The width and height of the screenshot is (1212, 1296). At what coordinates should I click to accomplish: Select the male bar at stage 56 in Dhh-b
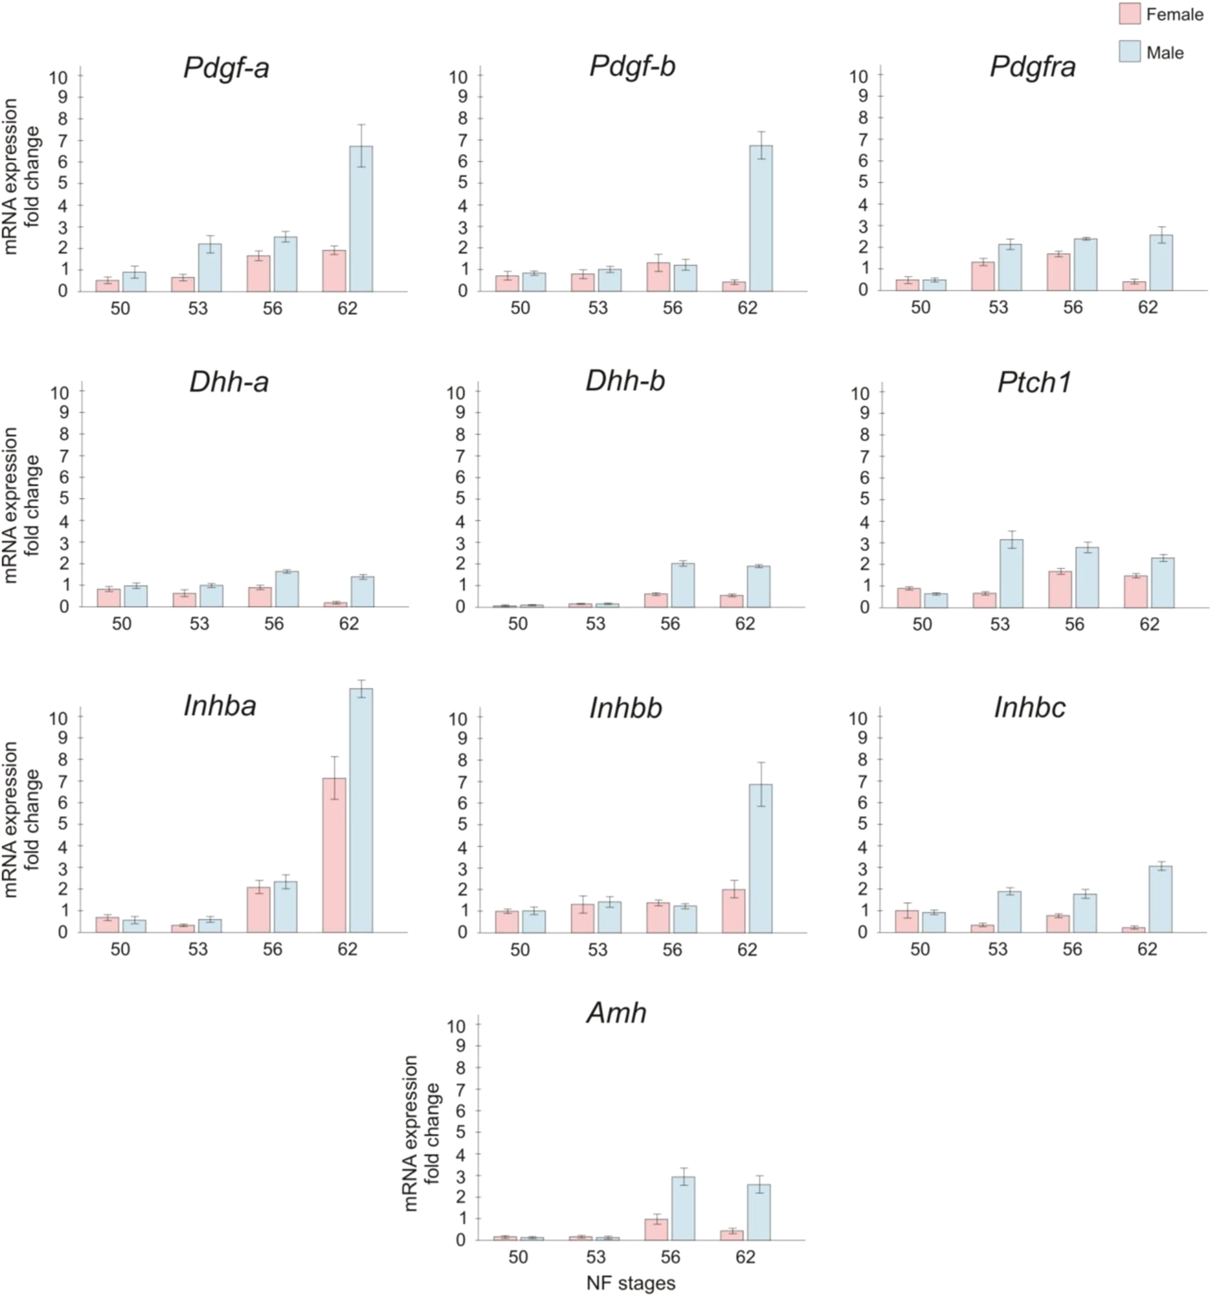(x=683, y=585)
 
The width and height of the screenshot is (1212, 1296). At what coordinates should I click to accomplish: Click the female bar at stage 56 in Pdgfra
(x=1058, y=272)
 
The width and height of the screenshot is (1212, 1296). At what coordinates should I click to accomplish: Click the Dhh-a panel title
(x=229, y=383)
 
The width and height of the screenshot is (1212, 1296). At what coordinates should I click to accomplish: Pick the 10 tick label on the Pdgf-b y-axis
(x=458, y=76)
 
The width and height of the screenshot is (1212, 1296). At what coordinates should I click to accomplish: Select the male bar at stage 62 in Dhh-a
(x=362, y=591)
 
